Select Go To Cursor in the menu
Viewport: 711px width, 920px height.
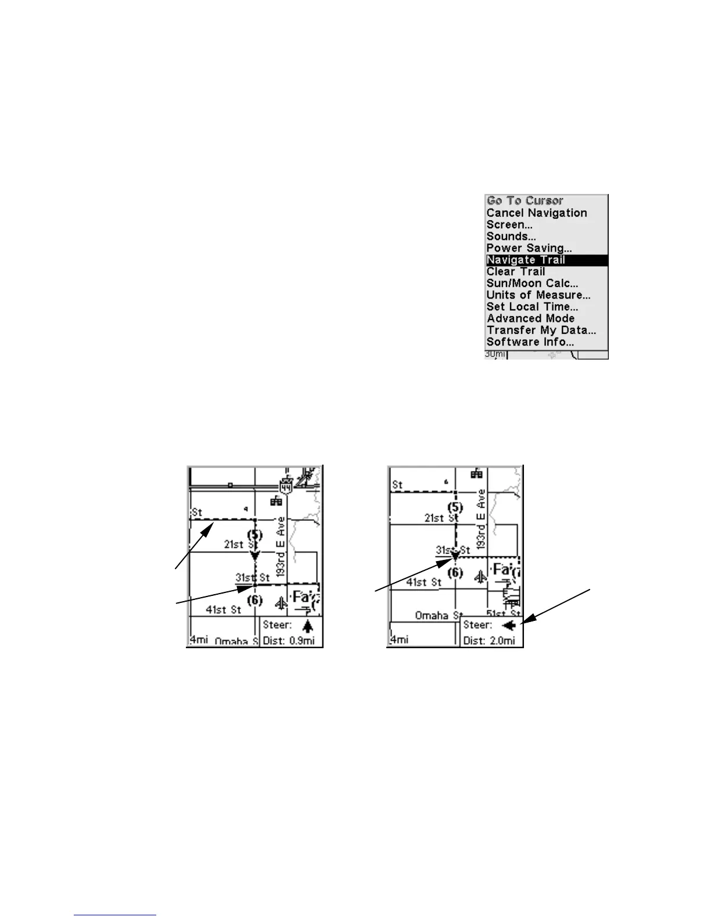(x=525, y=201)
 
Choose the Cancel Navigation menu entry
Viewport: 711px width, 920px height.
(x=537, y=213)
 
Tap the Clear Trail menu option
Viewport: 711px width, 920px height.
(x=516, y=272)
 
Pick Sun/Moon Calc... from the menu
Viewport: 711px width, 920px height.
(x=532, y=283)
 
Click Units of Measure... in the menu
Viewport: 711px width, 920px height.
(x=538, y=295)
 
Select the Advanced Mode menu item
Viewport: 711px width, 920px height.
(x=530, y=318)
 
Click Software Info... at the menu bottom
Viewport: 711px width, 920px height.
(x=530, y=342)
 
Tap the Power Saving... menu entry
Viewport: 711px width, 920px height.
(x=529, y=248)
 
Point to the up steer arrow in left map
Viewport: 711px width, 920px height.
(x=307, y=626)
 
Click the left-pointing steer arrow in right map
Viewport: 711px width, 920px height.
(x=509, y=626)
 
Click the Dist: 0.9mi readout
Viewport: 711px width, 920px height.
(x=289, y=641)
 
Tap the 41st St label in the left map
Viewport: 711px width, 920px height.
(x=224, y=609)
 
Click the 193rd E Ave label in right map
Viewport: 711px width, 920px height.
(x=480, y=520)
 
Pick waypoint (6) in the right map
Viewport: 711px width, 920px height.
(x=455, y=573)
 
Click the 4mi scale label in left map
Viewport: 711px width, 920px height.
(x=198, y=639)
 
